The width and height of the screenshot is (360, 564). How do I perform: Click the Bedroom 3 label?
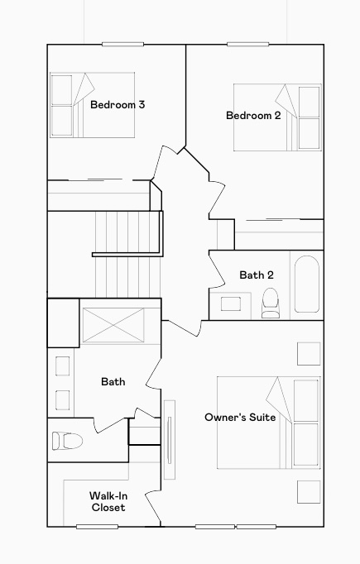(118, 105)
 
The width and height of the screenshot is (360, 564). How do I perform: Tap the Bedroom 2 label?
(253, 116)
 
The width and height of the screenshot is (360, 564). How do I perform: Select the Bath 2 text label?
(257, 275)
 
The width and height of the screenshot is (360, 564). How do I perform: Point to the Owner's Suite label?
(240, 418)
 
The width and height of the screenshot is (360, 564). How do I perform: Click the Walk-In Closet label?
(108, 501)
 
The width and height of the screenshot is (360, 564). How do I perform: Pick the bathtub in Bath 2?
(306, 284)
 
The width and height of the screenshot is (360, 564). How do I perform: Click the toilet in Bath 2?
(271, 303)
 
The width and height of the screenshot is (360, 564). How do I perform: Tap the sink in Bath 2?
(229, 304)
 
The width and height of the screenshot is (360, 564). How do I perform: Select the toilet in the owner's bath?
(65, 440)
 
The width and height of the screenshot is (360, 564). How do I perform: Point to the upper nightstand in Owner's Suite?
(308, 353)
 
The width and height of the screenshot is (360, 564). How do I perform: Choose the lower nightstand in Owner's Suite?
(308, 491)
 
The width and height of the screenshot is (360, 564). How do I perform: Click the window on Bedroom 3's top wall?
(122, 44)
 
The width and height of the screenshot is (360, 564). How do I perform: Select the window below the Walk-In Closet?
(97, 526)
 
